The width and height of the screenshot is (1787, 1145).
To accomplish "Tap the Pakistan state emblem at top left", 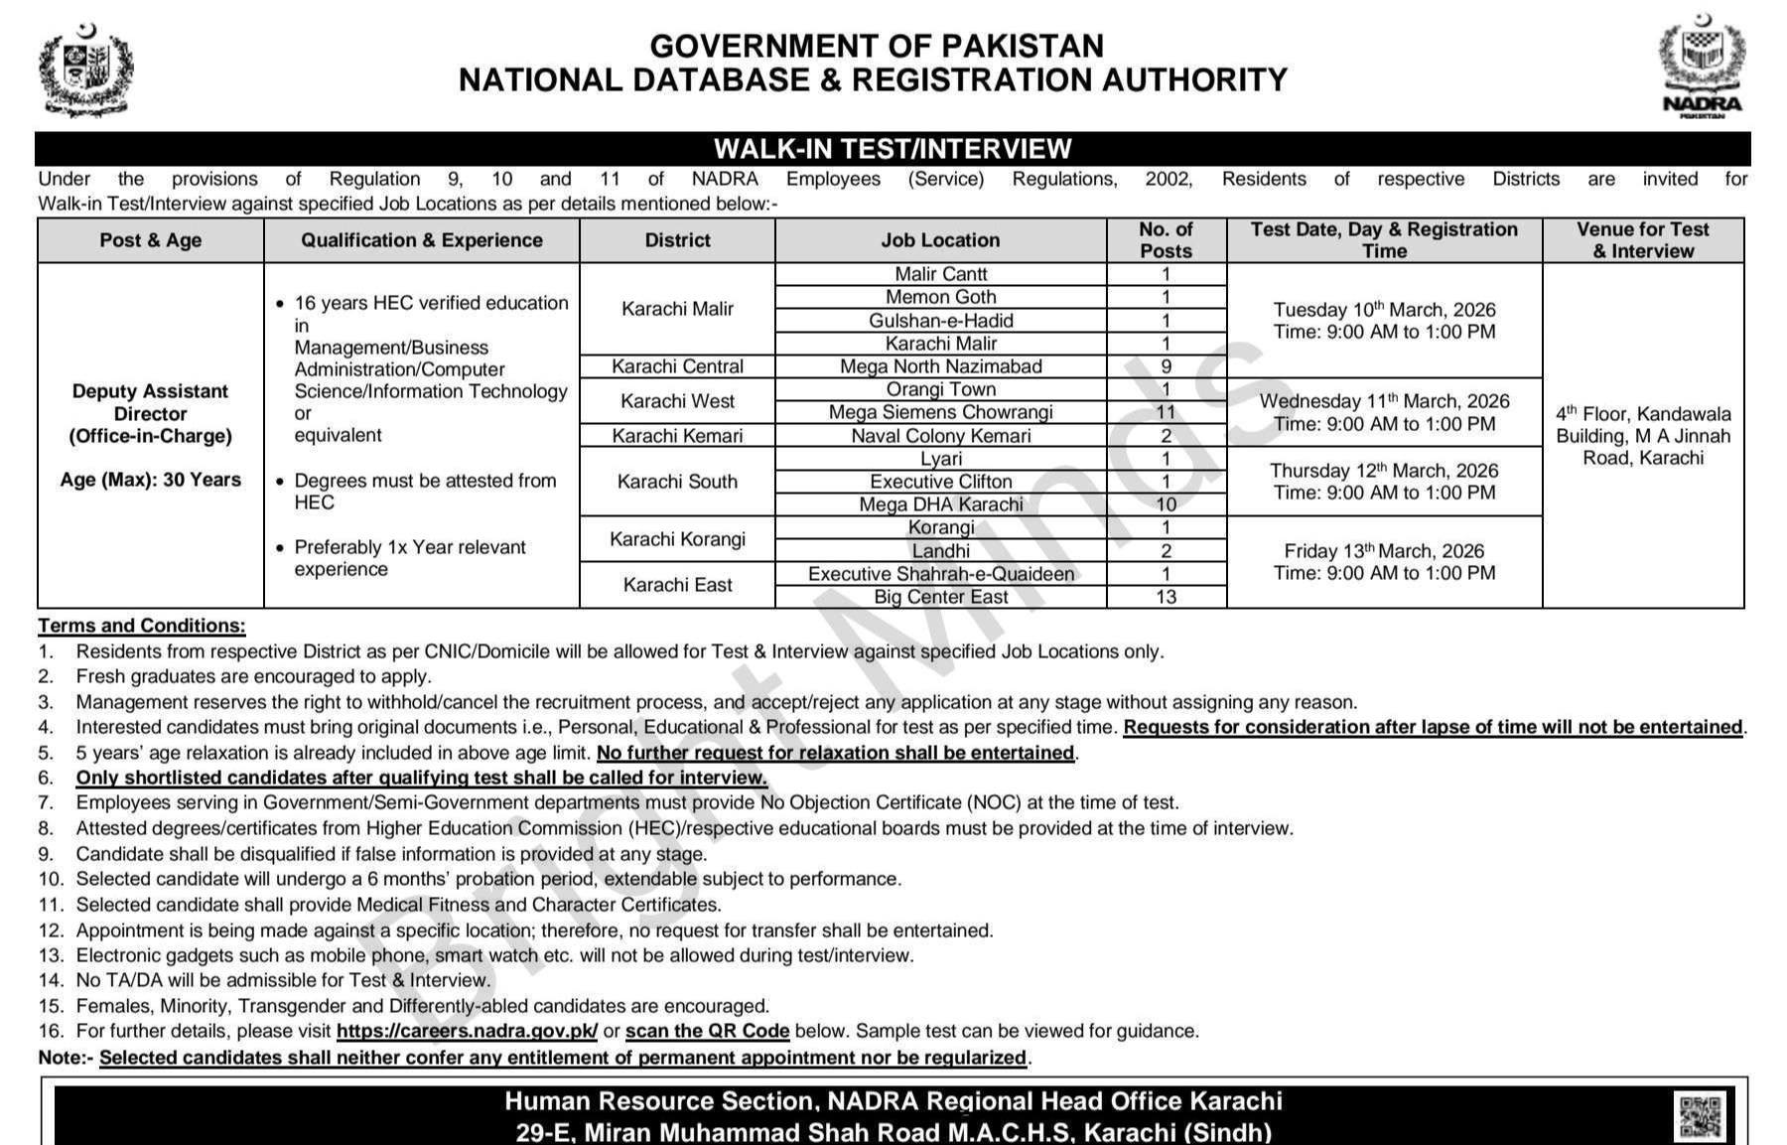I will tap(85, 70).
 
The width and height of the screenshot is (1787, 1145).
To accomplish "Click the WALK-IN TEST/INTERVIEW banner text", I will tap(893, 149).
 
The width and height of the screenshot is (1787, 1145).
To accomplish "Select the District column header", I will tap(677, 240).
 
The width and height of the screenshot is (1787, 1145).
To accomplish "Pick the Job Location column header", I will tap(940, 240).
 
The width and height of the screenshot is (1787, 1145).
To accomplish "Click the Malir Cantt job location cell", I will tap(940, 274).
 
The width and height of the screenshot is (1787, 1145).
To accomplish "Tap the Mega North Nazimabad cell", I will tap(940, 366).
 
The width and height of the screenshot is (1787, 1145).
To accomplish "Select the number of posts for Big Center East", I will tap(1166, 597).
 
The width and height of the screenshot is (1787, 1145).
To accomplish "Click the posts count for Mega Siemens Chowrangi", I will tap(1166, 412).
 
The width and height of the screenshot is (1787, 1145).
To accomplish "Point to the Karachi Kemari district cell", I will tap(677, 436).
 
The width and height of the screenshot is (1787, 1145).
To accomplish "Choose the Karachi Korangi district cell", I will tap(677, 539).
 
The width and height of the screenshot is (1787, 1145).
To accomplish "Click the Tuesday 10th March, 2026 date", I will tap(1384, 310).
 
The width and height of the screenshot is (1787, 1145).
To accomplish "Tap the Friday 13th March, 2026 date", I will tap(1384, 551).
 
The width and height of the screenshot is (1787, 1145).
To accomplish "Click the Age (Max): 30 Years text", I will tap(151, 480).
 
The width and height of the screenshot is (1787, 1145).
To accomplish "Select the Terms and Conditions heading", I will tap(142, 626).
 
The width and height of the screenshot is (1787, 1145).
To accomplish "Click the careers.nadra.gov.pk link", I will tap(467, 1031).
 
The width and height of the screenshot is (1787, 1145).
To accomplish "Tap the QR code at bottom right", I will tap(1700, 1115).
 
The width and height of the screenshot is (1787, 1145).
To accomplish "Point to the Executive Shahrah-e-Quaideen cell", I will tap(940, 574).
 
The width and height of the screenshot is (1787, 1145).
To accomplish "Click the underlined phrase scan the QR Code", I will tap(707, 1031).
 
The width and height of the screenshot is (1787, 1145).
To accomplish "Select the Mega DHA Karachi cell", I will tap(940, 504).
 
